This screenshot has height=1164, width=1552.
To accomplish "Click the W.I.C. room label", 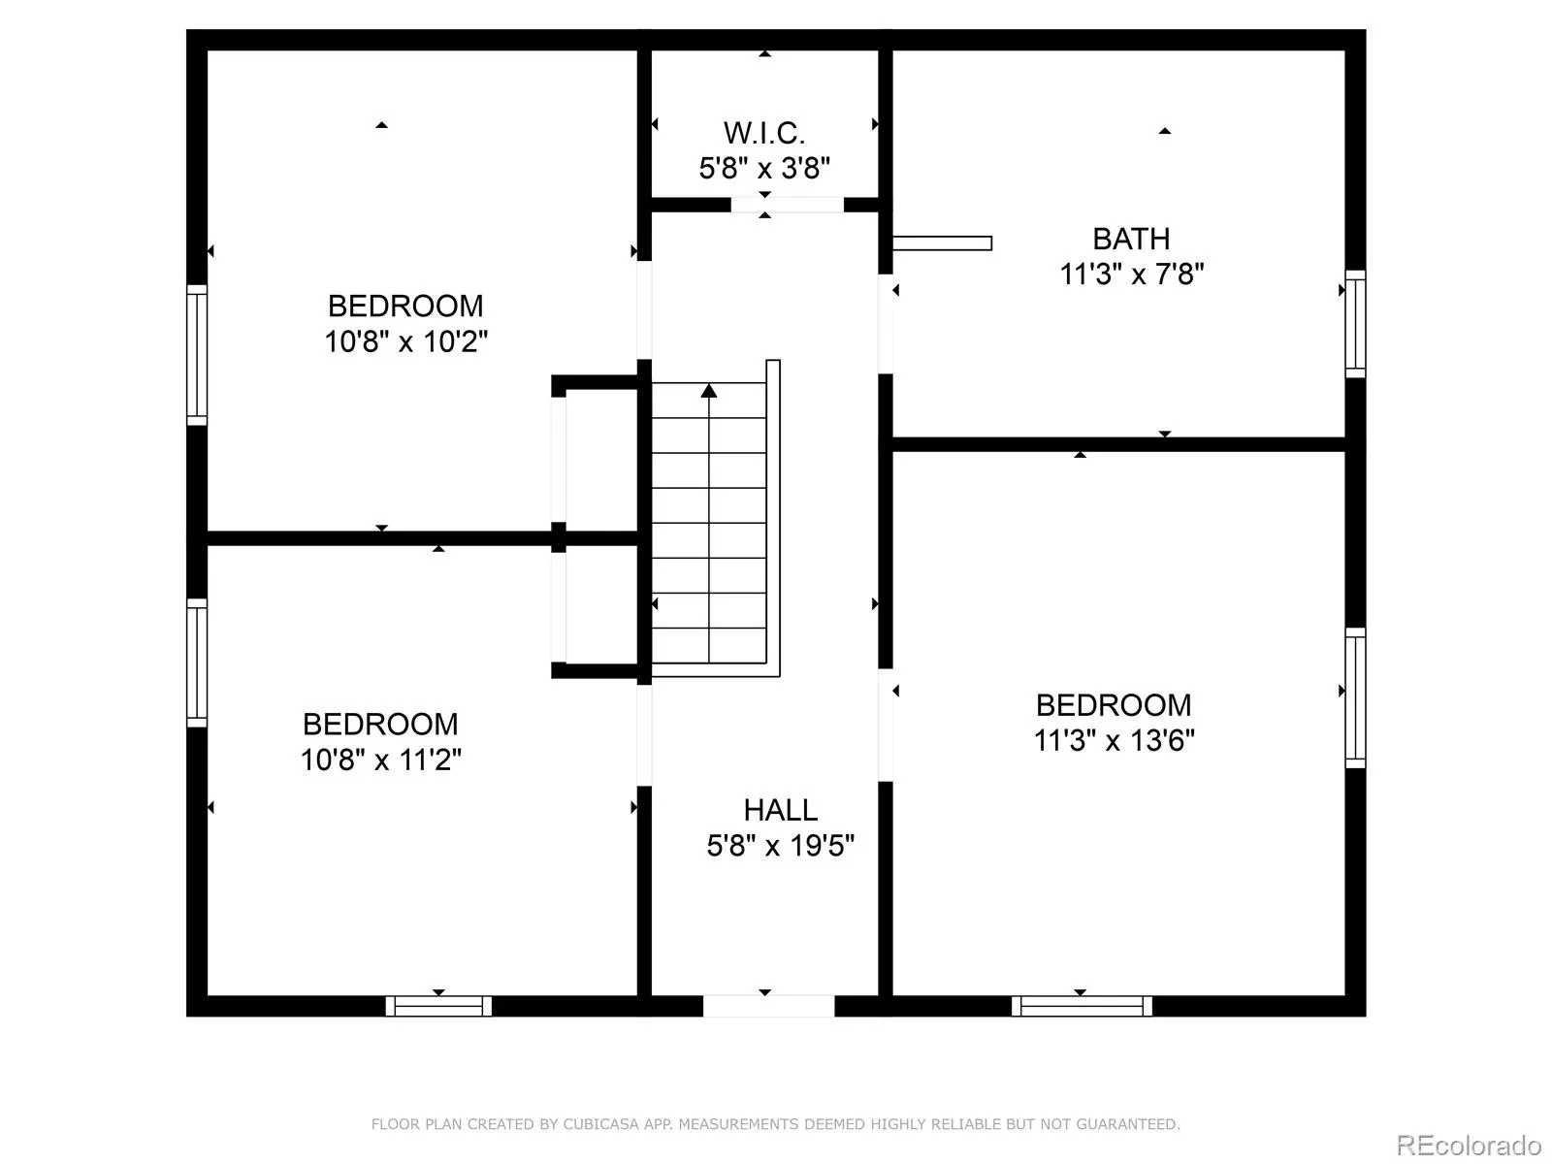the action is (763, 133).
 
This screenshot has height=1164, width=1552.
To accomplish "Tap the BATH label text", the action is (1131, 239).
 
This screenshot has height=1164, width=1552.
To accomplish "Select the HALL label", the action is (780, 810).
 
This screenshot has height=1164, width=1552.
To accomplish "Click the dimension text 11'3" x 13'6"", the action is (1114, 741).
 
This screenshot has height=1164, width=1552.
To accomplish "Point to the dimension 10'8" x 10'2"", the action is (405, 341).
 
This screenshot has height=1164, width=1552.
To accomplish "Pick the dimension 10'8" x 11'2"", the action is (380, 760).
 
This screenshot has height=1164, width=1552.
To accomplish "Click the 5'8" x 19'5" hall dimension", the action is (780, 845).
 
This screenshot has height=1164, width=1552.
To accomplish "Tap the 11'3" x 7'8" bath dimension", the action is (1131, 274).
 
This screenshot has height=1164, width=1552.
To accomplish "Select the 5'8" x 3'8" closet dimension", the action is (763, 168).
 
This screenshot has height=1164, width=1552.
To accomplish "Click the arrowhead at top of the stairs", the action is (708, 390).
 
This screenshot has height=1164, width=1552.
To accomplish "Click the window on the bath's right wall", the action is (1355, 324).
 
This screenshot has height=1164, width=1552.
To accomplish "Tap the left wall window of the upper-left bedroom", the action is (197, 355).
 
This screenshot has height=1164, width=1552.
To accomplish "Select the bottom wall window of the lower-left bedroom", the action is (438, 1006).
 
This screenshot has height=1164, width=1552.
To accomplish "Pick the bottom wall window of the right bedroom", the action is (1082, 1006).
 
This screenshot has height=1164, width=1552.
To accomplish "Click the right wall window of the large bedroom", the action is (1355, 697).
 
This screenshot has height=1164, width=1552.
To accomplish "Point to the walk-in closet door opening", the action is (787, 205).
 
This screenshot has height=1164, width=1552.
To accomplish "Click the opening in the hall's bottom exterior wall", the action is (768, 1006).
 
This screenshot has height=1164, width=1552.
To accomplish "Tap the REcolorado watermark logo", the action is (1469, 1145).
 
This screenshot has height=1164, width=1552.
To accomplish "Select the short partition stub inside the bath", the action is (942, 243).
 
